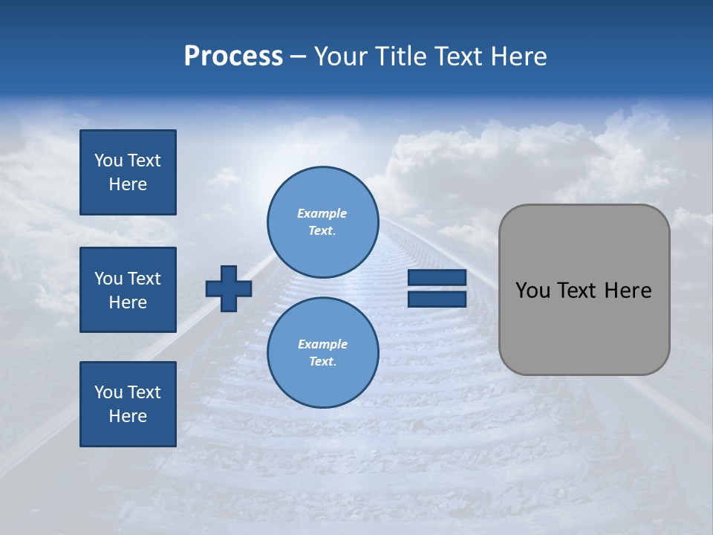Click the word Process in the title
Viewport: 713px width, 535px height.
pos(233,56)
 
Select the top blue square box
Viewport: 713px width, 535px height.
pos(128,172)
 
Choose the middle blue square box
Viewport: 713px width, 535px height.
pos(128,290)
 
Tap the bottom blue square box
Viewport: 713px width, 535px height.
pos(128,404)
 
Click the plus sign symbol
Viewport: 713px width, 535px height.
pos(229,288)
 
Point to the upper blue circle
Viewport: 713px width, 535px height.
pos(322,221)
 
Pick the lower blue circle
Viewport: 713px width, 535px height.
pos(322,352)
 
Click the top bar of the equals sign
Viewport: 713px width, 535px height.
pos(437,278)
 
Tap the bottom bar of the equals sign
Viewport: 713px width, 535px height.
pos(437,299)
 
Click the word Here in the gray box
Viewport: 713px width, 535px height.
pos(628,291)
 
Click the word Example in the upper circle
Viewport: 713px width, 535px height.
pos(322,213)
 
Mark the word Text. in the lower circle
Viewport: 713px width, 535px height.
pos(322,362)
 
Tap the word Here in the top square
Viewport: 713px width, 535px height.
pos(128,184)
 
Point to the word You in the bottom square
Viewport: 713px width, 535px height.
pos(108,392)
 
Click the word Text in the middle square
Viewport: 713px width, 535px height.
pos(144,279)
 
